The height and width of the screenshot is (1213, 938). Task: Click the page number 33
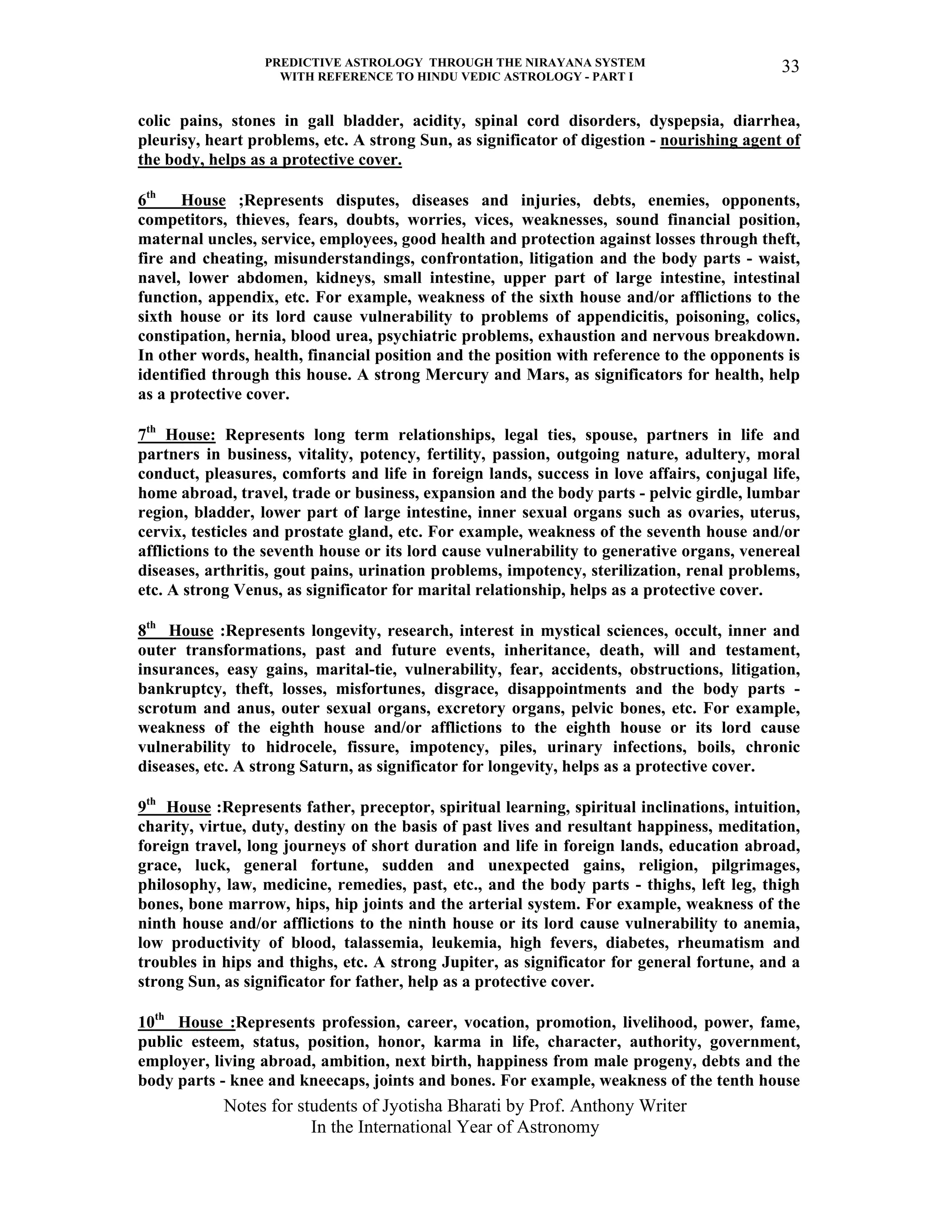point(790,67)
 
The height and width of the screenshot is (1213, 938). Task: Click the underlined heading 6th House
point(182,200)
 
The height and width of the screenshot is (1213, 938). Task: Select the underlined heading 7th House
point(177,435)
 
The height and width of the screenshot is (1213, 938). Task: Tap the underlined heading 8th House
point(175,631)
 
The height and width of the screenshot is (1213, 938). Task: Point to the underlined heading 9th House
point(175,807)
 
